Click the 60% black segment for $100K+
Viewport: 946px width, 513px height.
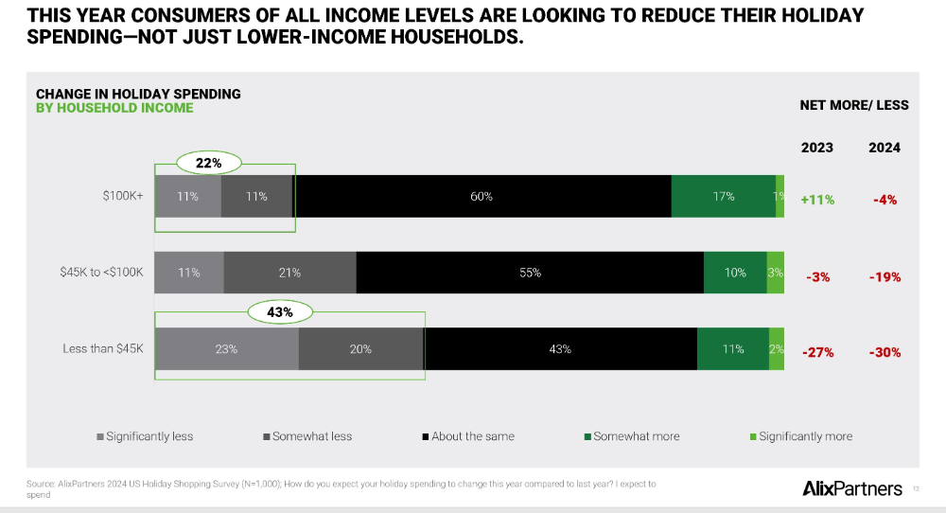(x=482, y=197)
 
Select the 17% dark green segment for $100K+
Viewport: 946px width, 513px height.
(x=723, y=197)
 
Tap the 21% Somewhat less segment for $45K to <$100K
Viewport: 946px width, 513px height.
(x=289, y=273)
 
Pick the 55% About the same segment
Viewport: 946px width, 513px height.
(x=530, y=273)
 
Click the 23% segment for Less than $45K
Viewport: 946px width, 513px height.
(x=226, y=349)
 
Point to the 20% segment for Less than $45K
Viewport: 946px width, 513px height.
(x=360, y=349)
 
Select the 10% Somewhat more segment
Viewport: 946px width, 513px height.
(x=735, y=273)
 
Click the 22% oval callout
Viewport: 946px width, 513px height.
(x=208, y=163)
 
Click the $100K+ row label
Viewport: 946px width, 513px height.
(x=123, y=197)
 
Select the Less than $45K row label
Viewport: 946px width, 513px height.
(x=102, y=349)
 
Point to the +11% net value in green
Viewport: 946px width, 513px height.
(x=817, y=200)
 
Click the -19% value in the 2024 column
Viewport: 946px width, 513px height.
(x=885, y=277)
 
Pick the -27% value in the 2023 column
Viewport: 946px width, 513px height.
(x=817, y=353)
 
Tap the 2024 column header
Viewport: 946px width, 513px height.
(x=885, y=148)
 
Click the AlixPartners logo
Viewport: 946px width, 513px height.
(x=851, y=488)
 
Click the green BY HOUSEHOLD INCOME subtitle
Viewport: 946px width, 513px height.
(x=114, y=108)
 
